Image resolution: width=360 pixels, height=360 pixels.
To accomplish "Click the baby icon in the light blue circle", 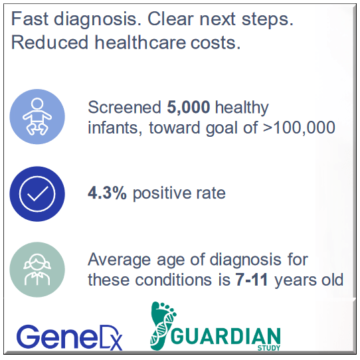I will pyautogui.click(x=37, y=117).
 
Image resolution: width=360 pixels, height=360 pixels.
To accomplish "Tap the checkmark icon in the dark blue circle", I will pyautogui.click(x=37, y=193).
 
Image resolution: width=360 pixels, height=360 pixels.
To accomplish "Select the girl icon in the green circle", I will pyautogui.click(x=37, y=270).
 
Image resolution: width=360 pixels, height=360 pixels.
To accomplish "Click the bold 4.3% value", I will pyautogui.click(x=108, y=193).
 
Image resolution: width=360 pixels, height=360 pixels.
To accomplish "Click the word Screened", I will pyautogui.click(x=123, y=108).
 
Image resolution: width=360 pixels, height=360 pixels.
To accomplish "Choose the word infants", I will pyautogui.click(x=110, y=127).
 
